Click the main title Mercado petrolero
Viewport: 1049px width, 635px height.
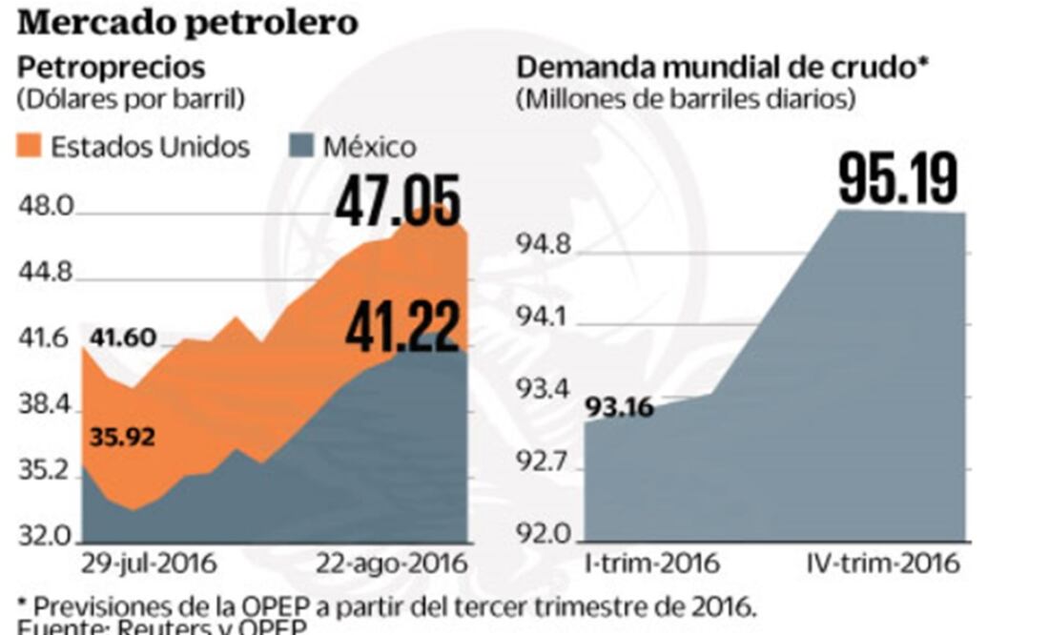(187, 22)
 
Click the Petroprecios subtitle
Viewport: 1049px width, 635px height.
(112, 68)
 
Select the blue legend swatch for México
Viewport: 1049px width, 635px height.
(301, 146)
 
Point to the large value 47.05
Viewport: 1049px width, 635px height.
(398, 202)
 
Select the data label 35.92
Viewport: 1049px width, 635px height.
(122, 438)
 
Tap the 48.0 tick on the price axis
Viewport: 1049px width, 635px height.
(46, 207)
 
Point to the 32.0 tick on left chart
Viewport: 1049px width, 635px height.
(46, 536)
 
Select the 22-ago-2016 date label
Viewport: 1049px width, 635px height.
(391, 563)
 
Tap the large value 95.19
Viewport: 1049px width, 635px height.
(896, 178)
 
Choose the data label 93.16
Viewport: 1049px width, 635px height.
(619, 408)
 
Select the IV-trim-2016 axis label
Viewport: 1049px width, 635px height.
(877, 563)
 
